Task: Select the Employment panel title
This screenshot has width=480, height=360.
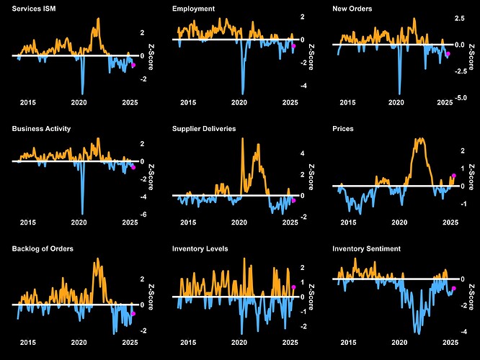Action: (193, 9)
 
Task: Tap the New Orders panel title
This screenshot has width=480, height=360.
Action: (354, 9)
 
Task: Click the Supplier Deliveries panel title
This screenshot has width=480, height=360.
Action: (204, 129)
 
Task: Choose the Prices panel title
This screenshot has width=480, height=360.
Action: (344, 129)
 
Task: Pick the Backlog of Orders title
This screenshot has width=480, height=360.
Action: (43, 248)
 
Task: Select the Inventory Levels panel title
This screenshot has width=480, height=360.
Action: (200, 248)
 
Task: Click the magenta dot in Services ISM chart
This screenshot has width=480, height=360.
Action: (134, 65)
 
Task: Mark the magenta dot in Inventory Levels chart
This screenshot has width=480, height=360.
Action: (294, 287)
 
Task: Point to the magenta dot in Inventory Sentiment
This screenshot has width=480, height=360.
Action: (454, 288)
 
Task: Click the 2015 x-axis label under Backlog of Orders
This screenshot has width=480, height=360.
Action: (27, 343)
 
